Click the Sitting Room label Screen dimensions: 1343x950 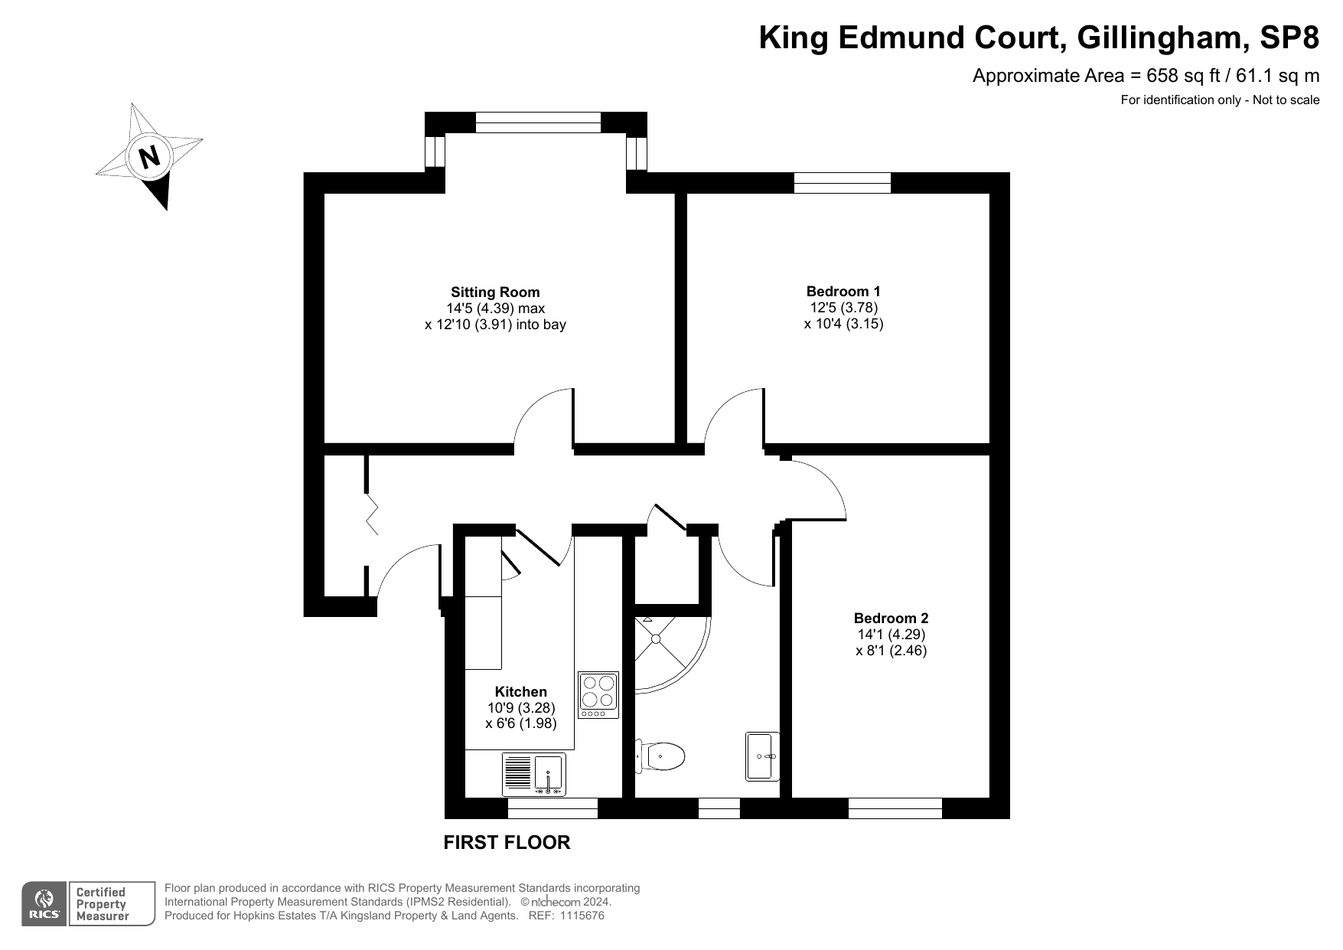click(x=495, y=292)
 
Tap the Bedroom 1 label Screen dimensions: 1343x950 click(x=843, y=291)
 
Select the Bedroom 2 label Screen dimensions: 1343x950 click(x=891, y=618)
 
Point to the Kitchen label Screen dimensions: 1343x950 click(x=520, y=691)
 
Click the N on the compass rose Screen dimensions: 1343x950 click(x=150, y=157)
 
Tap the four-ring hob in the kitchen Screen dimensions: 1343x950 click(x=598, y=695)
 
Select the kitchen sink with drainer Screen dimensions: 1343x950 click(x=534, y=774)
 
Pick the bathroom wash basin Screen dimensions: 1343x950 click(x=763, y=756)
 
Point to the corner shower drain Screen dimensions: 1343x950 click(x=656, y=638)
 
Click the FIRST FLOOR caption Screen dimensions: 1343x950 click(x=507, y=842)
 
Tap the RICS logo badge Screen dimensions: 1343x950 click(x=44, y=904)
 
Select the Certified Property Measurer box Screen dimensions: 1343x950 click(x=112, y=904)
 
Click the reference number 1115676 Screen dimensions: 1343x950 click(x=582, y=916)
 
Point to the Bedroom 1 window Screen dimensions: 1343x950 click(x=843, y=183)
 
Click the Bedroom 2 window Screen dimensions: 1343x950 click(x=895, y=808)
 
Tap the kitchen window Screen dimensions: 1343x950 click(x=553, y=808)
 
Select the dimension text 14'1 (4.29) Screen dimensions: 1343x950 click(x=892, y=635)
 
